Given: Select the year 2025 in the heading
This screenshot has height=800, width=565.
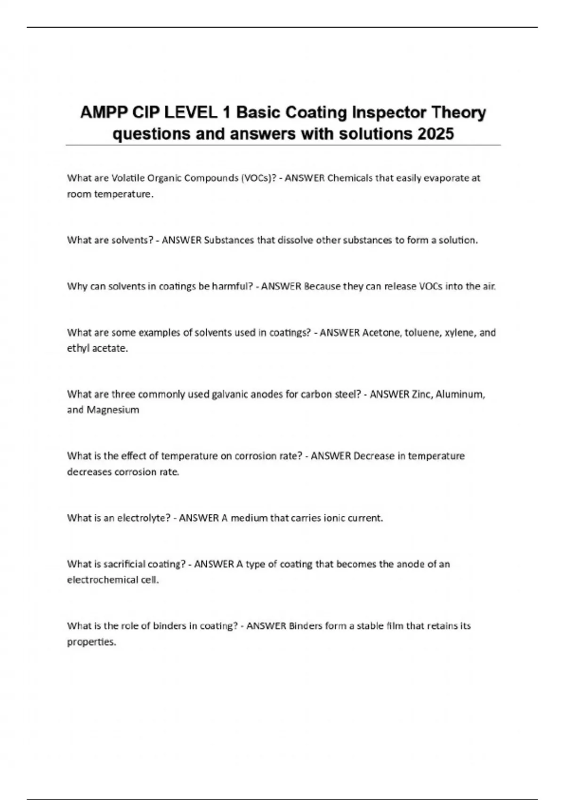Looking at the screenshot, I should pyautogui.click(x=435, y=134).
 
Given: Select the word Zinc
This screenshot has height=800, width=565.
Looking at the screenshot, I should pyautogui.click(x=422, y=394).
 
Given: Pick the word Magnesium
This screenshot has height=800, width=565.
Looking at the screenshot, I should pyautogui.click(x=113, y=410).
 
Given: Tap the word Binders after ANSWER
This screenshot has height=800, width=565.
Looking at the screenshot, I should pyautogui.click(x=306, y=626).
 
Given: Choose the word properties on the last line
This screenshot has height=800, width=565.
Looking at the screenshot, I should pyautogui.click(x=91, y=642).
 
